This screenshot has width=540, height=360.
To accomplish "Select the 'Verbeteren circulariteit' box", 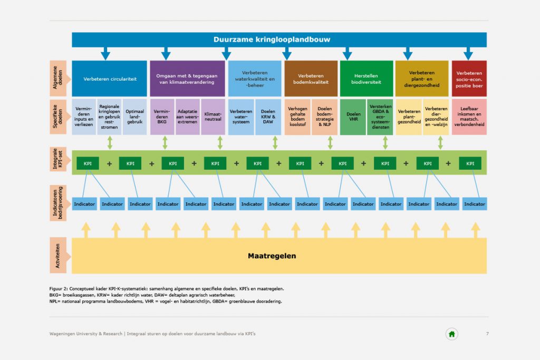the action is tap(109, 79).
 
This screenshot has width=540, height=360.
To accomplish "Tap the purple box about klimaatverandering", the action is tap(187, 79).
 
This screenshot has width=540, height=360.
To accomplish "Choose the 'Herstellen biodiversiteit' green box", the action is tap(367, 79).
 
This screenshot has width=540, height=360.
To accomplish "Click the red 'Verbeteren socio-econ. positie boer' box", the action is tap(469, 79).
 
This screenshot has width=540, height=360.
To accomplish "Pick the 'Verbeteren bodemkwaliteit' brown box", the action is tap(311, 79).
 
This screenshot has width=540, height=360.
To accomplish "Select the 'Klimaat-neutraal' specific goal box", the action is tap(213, 116).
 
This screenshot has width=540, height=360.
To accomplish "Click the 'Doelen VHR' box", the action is tap(353, 116).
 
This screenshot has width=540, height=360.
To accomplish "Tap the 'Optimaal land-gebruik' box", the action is tap(134, 116).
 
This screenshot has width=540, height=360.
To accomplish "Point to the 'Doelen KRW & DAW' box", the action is tap(268, 116).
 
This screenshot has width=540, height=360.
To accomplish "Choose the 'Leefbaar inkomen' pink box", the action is tap(469, 116).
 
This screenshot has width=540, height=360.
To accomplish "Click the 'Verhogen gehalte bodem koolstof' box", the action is tap(297, 116).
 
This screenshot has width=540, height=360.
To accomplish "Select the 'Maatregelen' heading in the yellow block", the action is tap(272, 256).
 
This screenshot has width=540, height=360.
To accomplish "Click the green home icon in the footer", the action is tap(452, 334).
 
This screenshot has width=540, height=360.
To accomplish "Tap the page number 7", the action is tap(487, 334).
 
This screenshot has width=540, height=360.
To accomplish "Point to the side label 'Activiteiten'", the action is tap(58, 255).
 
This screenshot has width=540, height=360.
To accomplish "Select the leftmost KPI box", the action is tap(88, 163).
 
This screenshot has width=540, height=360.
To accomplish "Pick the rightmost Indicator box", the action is tap(475, 204).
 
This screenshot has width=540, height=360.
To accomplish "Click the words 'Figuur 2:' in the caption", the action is tap(59, 289).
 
